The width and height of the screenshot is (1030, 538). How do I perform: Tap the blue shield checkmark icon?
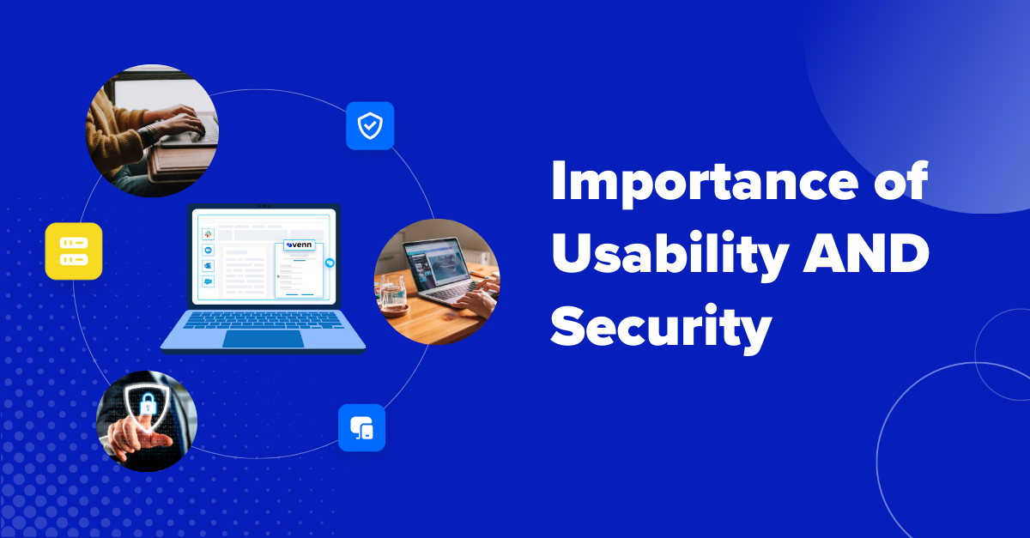click(x=370, y=126)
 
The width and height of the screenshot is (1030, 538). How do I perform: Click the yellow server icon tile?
click(x=74, y=251)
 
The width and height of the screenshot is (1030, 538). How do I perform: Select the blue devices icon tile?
click(x=361, y=427)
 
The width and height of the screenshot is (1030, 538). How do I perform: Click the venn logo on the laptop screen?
click(x=299, y=245)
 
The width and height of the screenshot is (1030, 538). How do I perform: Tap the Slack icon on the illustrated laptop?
click(x=208, y=233)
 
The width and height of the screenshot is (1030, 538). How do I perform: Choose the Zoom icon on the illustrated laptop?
click(x=208, y=250)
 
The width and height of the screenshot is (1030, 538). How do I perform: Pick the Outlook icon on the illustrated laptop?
click(x=208, y=265)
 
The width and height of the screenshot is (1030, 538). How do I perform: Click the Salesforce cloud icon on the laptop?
click(x=208, y=281)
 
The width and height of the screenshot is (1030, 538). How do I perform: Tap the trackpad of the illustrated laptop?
click(x=263, y=339)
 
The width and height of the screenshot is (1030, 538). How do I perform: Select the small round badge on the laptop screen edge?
click(x=329, y=263)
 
